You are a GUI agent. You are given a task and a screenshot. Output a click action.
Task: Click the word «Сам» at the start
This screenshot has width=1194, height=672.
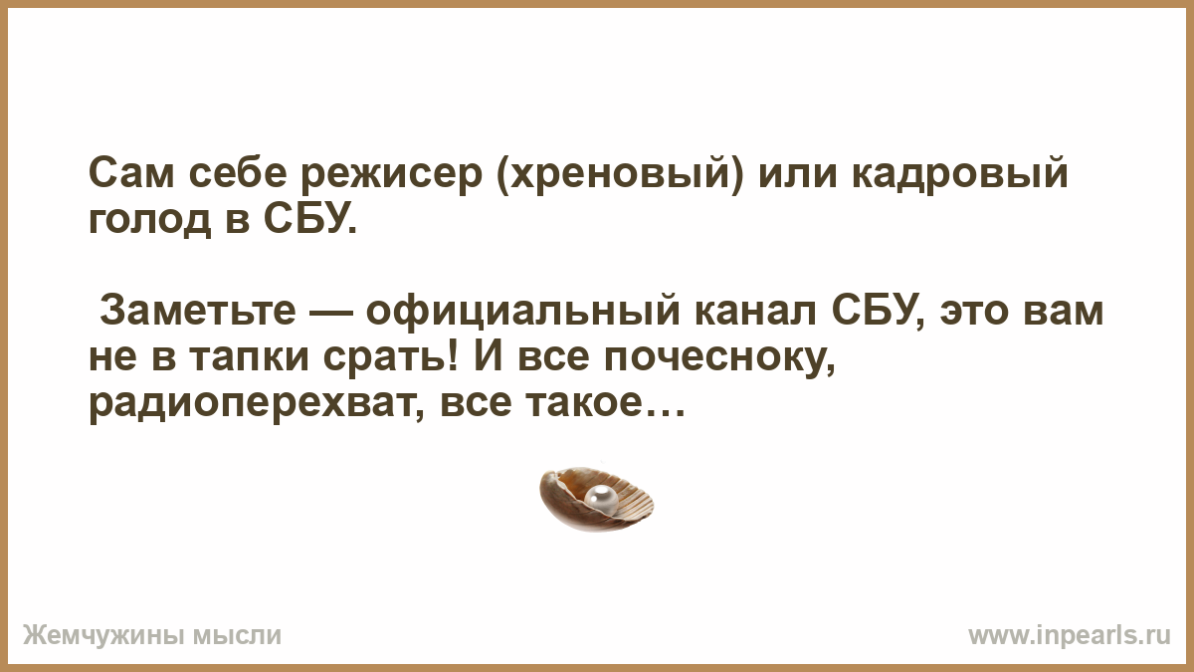(131, 173)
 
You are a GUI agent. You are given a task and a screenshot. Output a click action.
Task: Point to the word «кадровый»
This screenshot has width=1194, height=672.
(959, 175)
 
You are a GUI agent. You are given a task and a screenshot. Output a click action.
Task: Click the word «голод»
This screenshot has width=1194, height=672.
(150, 220)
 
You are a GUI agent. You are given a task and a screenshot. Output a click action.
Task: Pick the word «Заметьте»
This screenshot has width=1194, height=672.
(198, 311)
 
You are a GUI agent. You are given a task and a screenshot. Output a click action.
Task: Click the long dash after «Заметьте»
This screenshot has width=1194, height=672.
(330, 312)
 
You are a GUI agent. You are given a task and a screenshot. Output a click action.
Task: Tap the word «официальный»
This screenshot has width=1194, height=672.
(523, 313)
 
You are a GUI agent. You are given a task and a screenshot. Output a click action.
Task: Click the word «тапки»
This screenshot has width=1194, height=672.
(249, 359)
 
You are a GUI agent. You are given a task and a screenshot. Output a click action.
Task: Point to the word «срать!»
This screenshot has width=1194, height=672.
(390, 357)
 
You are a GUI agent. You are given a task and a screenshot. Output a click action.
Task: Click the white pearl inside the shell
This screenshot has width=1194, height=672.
(601, 500)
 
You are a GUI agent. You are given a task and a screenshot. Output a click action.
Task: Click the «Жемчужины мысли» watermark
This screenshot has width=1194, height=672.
(152, 636)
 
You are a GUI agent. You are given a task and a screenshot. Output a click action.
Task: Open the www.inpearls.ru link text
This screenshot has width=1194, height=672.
(1070, 636)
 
